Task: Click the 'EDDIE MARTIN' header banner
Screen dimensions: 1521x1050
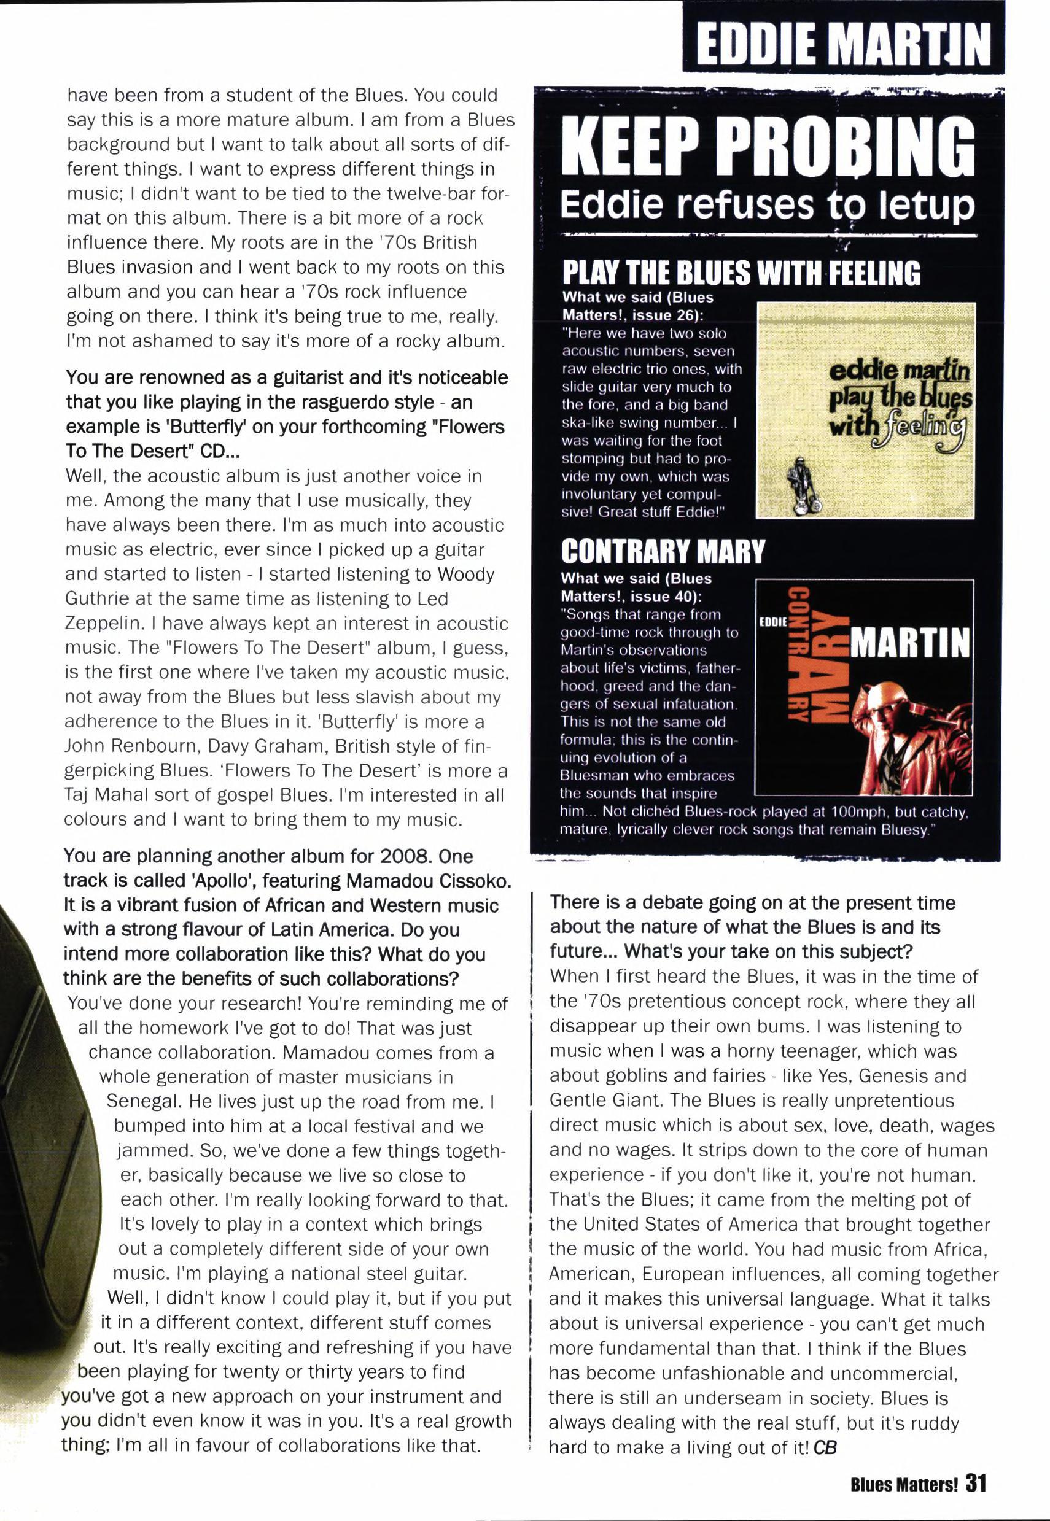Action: pos(844,41)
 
